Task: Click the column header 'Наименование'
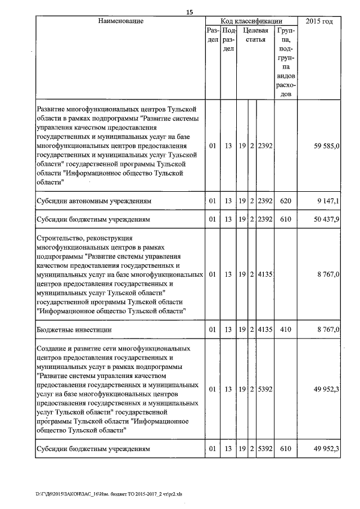[x=120, y=21]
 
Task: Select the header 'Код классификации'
[x=251, y=21]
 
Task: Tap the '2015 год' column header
[x=318, y=21]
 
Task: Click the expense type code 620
[x=285, y=200]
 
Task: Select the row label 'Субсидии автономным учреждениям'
[x=93, y=200]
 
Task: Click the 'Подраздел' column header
[x=228, y=40]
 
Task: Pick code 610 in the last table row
[x=285, y=449]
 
